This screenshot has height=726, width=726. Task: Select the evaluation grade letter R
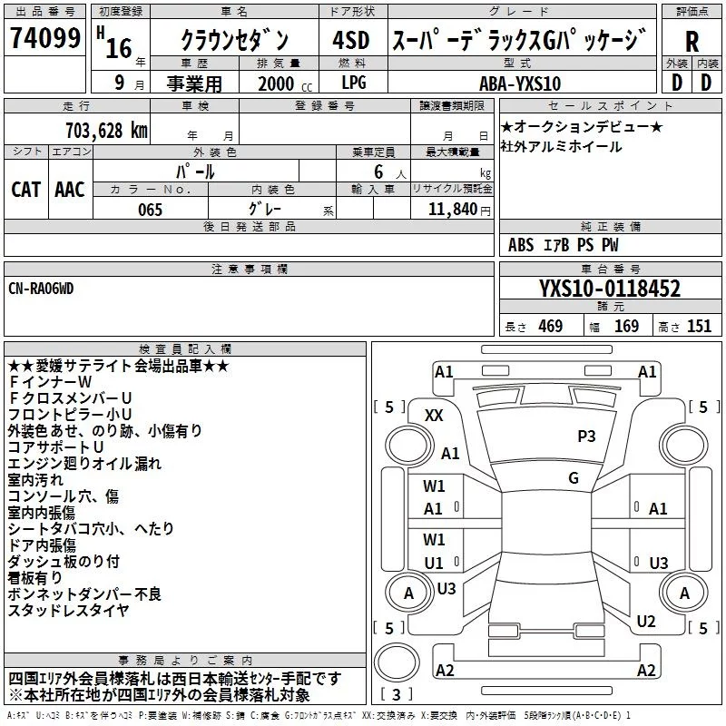pos(692,41)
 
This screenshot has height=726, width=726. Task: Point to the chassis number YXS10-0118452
pos(609,289)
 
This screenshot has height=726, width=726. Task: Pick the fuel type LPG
pos(354,83)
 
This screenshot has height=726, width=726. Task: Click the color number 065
pos(150,210)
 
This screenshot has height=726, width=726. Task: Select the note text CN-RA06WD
pos(41,288)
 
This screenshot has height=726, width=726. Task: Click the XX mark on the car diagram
pos(434,415)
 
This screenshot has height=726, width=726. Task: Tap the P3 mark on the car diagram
pos(586,437)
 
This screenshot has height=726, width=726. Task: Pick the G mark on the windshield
pos(573,477)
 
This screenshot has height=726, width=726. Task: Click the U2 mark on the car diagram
pos(645,622)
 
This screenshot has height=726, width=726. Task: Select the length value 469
pos(549,327)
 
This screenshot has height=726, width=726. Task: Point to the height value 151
pos(699,327)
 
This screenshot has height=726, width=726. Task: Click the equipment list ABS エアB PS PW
pos(564,245)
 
